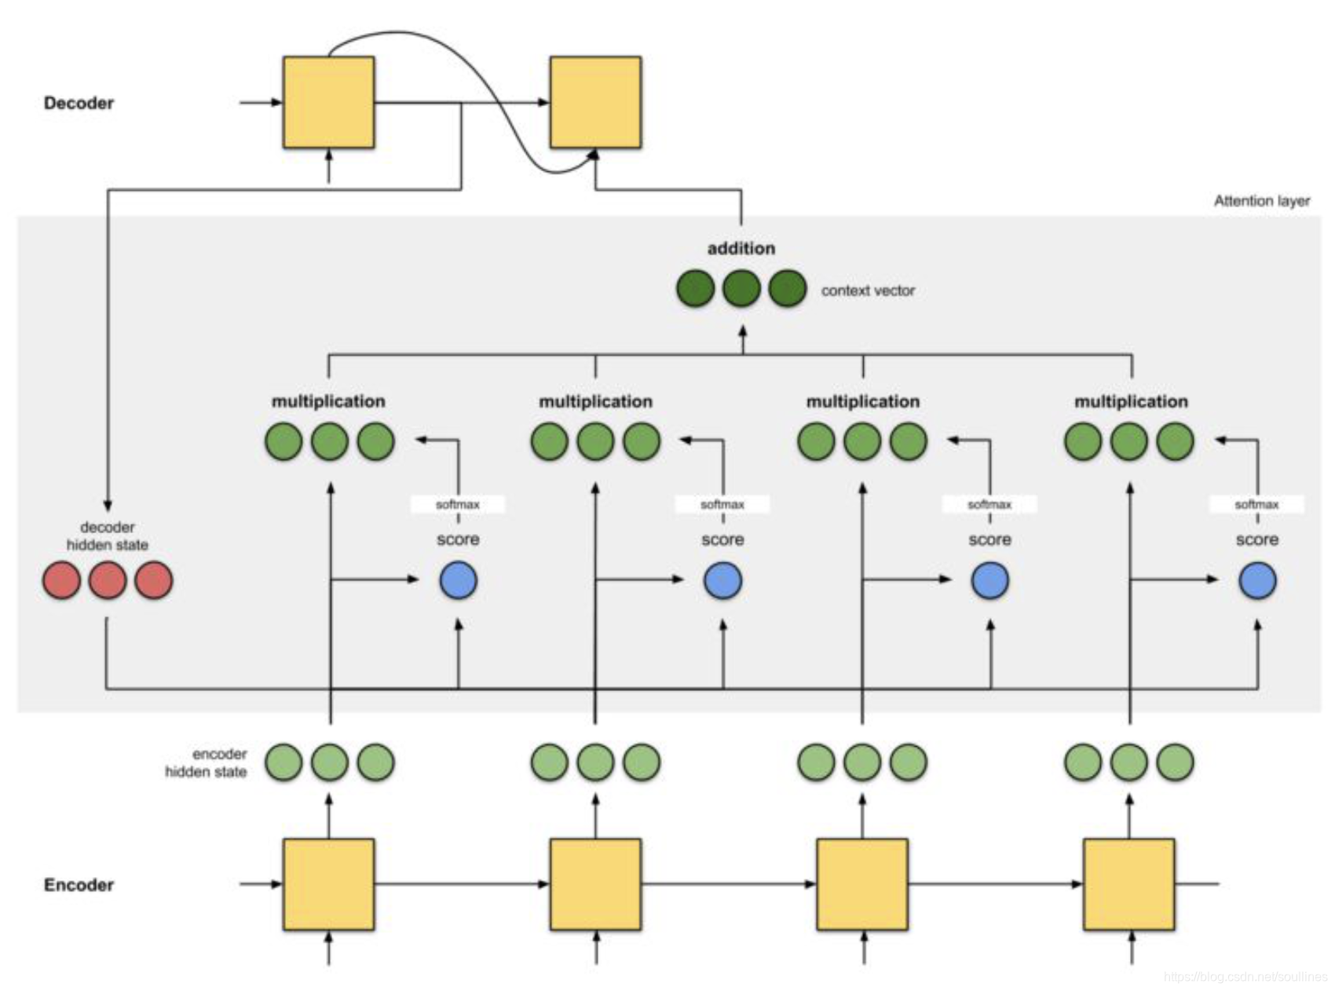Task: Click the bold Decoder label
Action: [x=79, y=103]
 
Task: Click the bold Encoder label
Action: [x=79, y=885]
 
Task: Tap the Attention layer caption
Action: [x=1262, y=201]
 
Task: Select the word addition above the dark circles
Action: [x=741, y=248]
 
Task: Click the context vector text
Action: [x=868, y=291]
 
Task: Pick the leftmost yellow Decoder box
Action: [x=328, y=102]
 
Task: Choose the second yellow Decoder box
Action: [x=595, y=102]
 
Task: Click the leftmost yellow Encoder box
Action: [x=328, y=884]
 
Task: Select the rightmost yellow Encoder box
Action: [x=1129, y=884]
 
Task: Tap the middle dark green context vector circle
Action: [x=741, y=288]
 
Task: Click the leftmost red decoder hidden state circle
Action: [x=61, y=580]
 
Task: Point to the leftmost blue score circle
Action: [x=459, y=580]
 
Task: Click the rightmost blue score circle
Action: [x=1257, y=580]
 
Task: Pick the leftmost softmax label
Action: [x=458, y=504]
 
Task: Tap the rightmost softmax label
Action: [x=1256, y=504]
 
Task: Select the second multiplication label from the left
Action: [x=595, y=401]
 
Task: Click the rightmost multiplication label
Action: [x=1131, y=401]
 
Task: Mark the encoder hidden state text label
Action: [x=206, y=762]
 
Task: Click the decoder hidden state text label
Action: [x=108, y=536]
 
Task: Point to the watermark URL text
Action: [x=1245, y=977]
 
